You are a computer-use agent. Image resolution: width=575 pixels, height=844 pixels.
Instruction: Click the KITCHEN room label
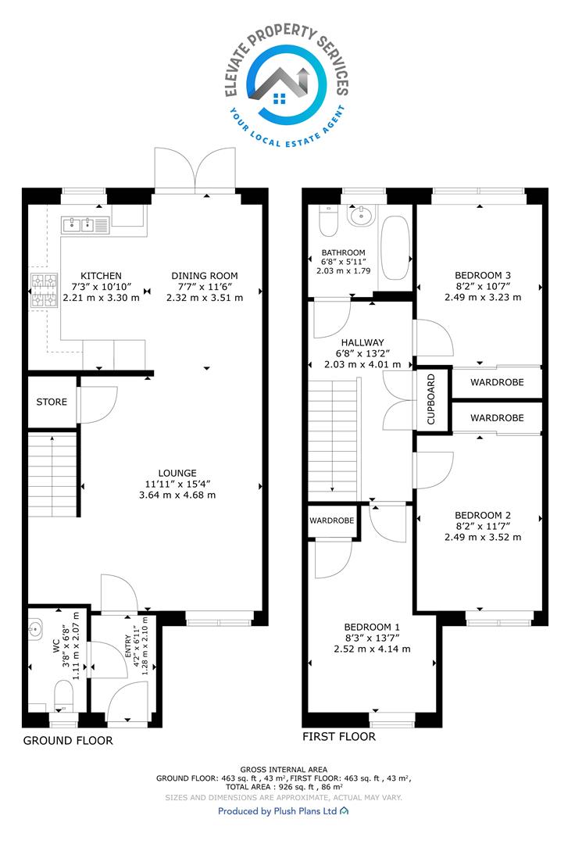(101, 276)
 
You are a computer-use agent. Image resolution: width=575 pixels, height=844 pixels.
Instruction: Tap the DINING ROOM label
(205, 276)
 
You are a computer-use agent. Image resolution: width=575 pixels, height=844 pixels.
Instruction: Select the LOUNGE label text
(177, 473)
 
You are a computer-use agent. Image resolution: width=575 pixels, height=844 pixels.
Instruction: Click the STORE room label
(52, 402)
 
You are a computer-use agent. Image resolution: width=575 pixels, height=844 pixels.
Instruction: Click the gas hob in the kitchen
(44, 291)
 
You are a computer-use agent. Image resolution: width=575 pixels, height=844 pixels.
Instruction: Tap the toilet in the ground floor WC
(63, 695)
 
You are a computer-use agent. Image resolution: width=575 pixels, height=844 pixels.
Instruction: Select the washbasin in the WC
(36, 628)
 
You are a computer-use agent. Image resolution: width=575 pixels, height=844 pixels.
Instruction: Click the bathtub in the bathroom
(395, 248)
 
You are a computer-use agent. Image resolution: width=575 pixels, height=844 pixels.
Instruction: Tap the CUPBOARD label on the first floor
(430, 399)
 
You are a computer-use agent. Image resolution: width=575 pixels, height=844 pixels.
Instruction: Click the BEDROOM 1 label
(372, 627)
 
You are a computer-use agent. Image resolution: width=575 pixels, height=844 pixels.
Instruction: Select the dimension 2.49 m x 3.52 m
(483, 537)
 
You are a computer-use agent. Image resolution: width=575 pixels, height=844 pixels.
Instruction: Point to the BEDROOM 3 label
(483, 276)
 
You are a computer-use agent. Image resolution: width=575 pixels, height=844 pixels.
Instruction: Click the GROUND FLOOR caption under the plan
(68, 741)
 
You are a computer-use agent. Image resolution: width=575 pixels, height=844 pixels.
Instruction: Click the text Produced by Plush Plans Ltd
(277, 811)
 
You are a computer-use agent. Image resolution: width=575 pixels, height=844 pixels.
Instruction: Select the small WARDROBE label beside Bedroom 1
(332, 520)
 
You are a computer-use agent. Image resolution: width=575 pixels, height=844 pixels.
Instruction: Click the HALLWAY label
(362, 342)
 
